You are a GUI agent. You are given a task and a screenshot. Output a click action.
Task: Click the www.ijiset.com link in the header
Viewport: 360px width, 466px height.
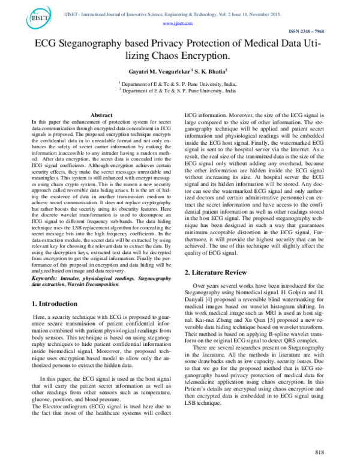pyautogui.click(x=181, y=22)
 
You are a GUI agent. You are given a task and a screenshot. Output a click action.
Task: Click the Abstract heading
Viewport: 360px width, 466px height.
pyautogui.click(x=101, y=115)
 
